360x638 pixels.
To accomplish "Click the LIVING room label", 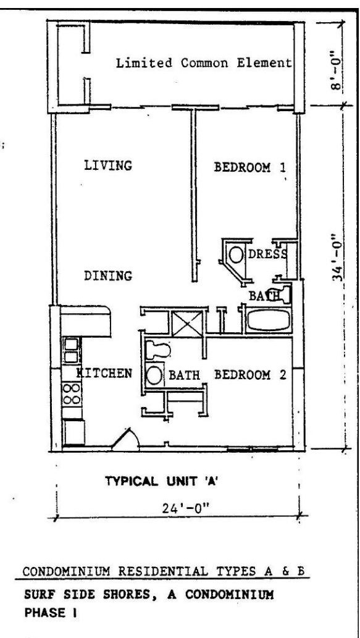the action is (x=108, y=166).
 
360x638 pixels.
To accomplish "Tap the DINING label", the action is (x=108, y=276).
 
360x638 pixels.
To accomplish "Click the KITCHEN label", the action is (x=105, y=373).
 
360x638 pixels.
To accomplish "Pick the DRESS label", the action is (x=267, y=254).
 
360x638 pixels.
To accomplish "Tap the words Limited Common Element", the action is (x=204, y=63).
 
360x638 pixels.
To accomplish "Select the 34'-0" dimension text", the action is (x=337, y=258).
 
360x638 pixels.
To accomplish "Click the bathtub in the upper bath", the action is (x=269, y=320).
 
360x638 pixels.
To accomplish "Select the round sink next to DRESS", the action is (x=235, y=255).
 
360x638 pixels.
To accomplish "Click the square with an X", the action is (x=186, y=324).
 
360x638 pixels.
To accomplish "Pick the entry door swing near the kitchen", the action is (x=127, y=440).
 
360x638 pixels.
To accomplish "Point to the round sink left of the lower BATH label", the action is (x=154, y=375).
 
